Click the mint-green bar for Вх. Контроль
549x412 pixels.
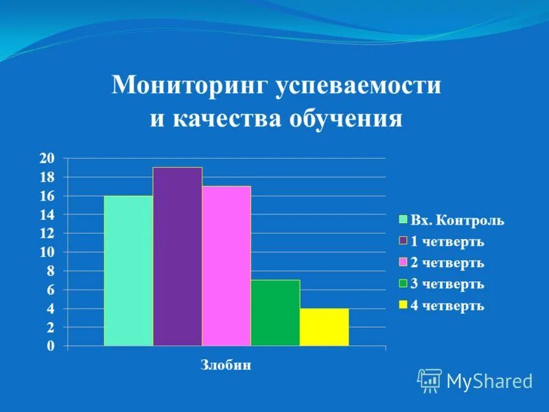(128, 271)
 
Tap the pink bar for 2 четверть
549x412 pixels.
(226, 266)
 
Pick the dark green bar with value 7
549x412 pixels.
(275, 312)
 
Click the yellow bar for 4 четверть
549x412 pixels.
(324, 327)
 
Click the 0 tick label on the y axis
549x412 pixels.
(49, 347)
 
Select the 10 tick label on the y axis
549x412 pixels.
(47, 253)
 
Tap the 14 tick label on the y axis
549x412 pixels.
(47, 215)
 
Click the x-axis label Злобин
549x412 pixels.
(226, 365)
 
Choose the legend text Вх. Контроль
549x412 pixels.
(457, 220)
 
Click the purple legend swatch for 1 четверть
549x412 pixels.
(404, 241)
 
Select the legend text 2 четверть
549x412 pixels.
(447, 262)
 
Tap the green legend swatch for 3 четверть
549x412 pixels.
(404, 284)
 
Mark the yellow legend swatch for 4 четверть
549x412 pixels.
(404, 305)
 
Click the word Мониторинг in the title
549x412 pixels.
(190, 86)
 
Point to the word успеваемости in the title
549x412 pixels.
(358, 86)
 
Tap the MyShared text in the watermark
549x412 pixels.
(489, 381)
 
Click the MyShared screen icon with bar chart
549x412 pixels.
(430, 380)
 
